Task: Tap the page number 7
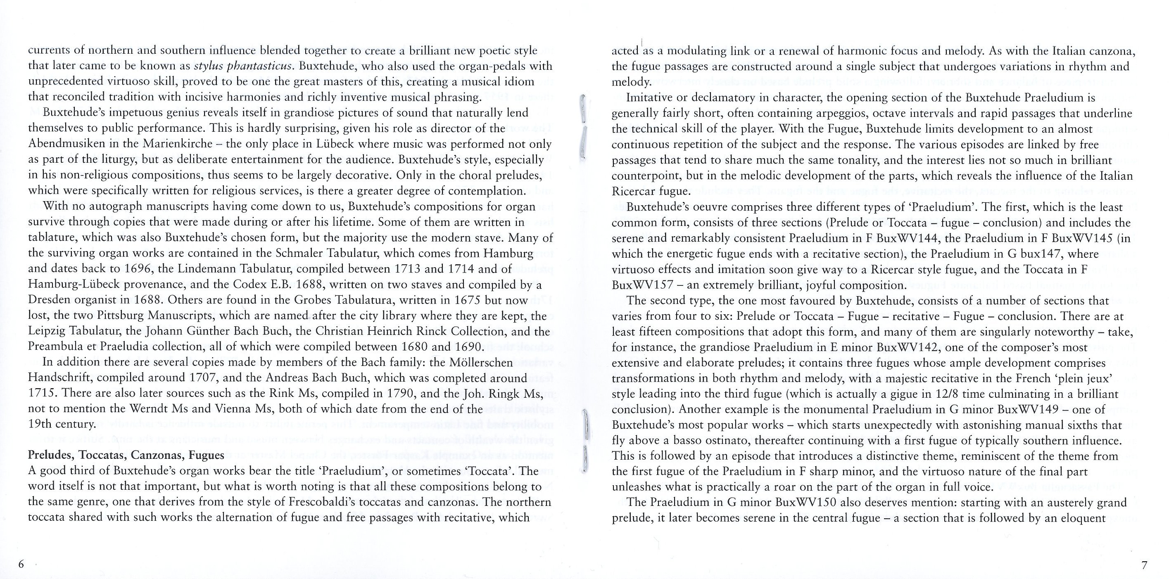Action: tap(1144, 565)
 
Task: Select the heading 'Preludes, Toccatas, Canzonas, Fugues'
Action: tap(126, 455)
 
